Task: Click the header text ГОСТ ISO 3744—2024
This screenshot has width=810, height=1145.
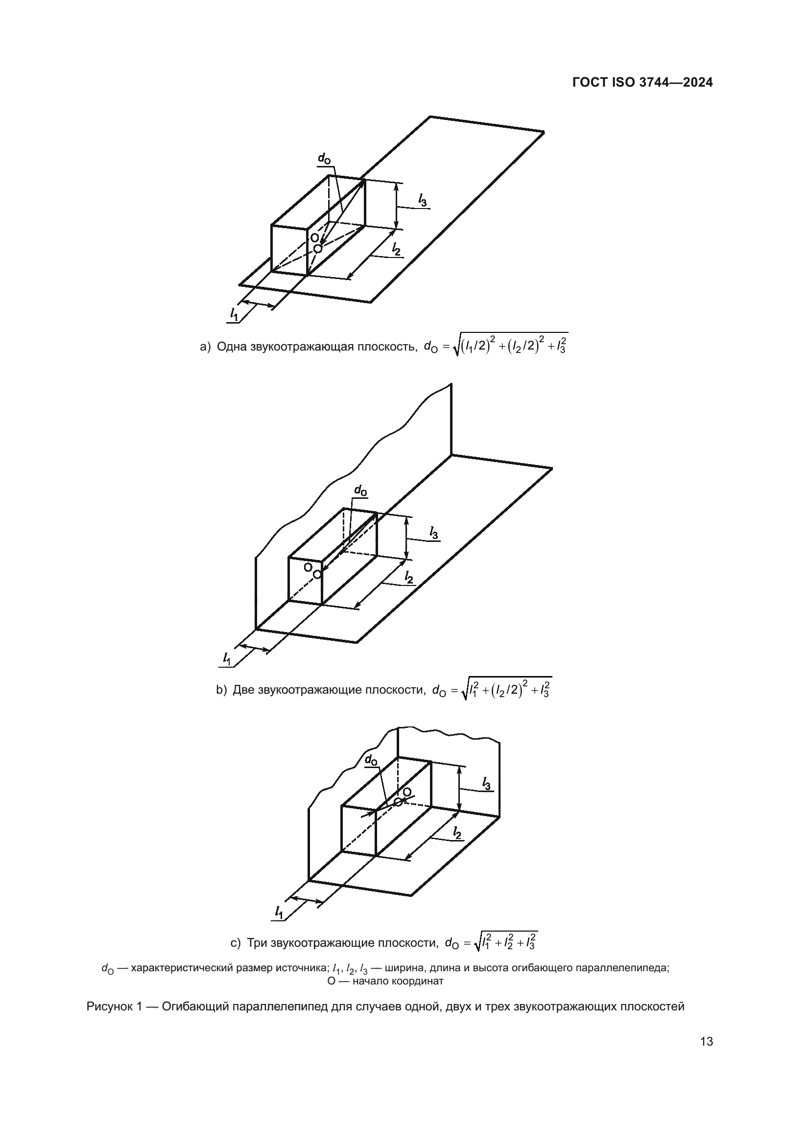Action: tap(642, 83)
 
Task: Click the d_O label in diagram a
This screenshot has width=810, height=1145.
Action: tap(324, 159)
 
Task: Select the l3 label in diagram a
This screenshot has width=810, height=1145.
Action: tap(422, 201)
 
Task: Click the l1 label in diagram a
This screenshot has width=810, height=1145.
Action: tap(234, 314)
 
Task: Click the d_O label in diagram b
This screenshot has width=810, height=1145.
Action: tap(360, 491)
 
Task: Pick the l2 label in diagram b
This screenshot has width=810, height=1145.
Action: tap(408, 578)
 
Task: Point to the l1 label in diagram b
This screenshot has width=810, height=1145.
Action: tap(227, 658)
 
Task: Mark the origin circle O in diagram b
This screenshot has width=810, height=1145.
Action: tap(317, 575)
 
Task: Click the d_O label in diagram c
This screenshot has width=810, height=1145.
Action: tap(371, 760)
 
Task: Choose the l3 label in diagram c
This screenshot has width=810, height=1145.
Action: tap(486, 783)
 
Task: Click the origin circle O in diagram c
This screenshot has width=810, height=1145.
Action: tap(398, 801)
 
